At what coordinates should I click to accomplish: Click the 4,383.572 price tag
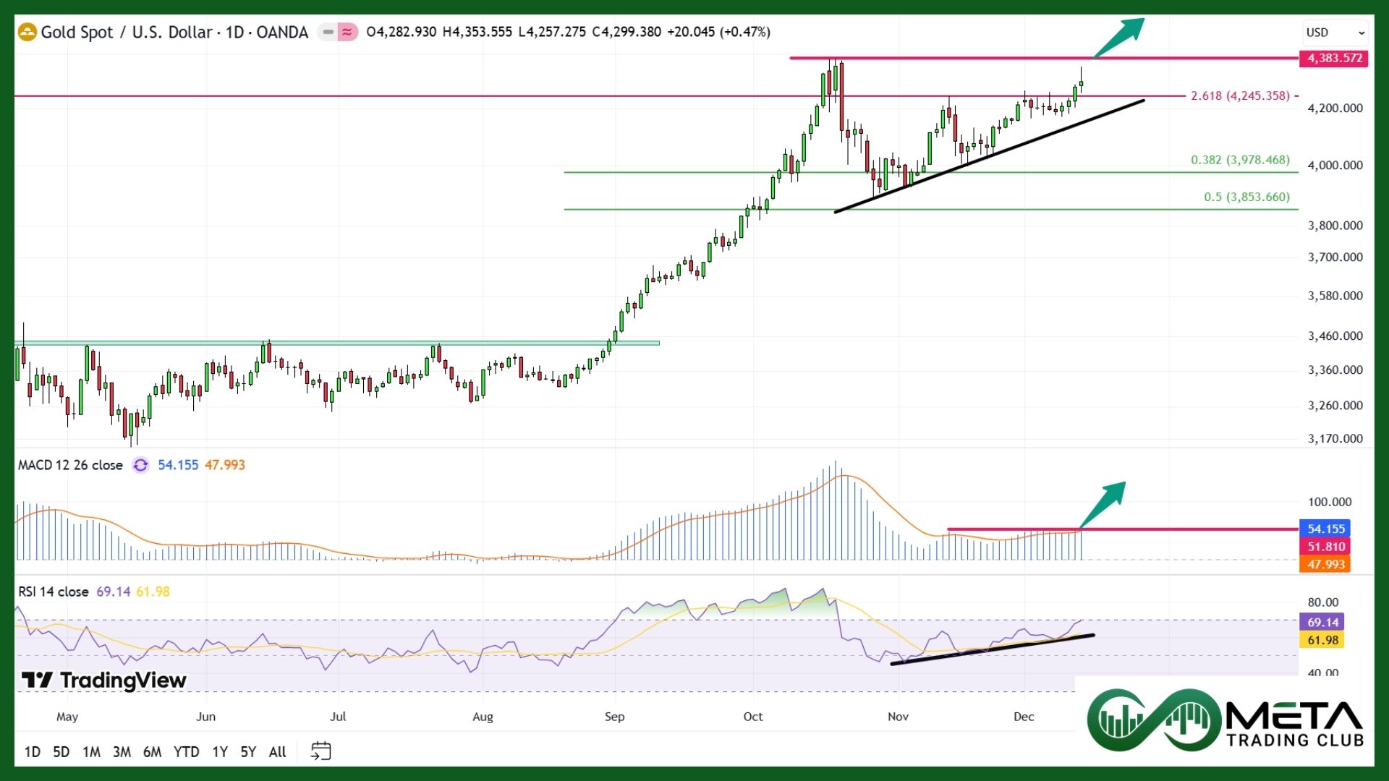coord(1334,58)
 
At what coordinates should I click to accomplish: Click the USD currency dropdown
coord(1335,33)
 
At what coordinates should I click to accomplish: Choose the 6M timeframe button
coord(152,752)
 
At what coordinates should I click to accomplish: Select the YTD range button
coord(186,752)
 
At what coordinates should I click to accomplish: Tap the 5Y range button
coord(248,752)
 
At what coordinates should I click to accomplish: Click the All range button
coord(277,752)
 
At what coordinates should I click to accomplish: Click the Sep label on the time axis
coord(614,717)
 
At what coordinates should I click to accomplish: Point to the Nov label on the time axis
coord(898,717)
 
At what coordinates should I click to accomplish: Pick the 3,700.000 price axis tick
coord(1335,257)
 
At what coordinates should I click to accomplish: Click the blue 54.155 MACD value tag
coord(1325,529)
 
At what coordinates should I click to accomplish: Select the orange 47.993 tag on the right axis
coord(1325,565)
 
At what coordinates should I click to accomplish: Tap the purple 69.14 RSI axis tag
coord(1322,623)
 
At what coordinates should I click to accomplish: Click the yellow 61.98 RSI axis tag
coord(1322,640)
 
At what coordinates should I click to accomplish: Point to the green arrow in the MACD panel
coord(1104,503)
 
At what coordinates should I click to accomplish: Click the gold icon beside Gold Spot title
coord(27,33)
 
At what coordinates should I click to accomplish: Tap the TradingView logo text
coord(104,680)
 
